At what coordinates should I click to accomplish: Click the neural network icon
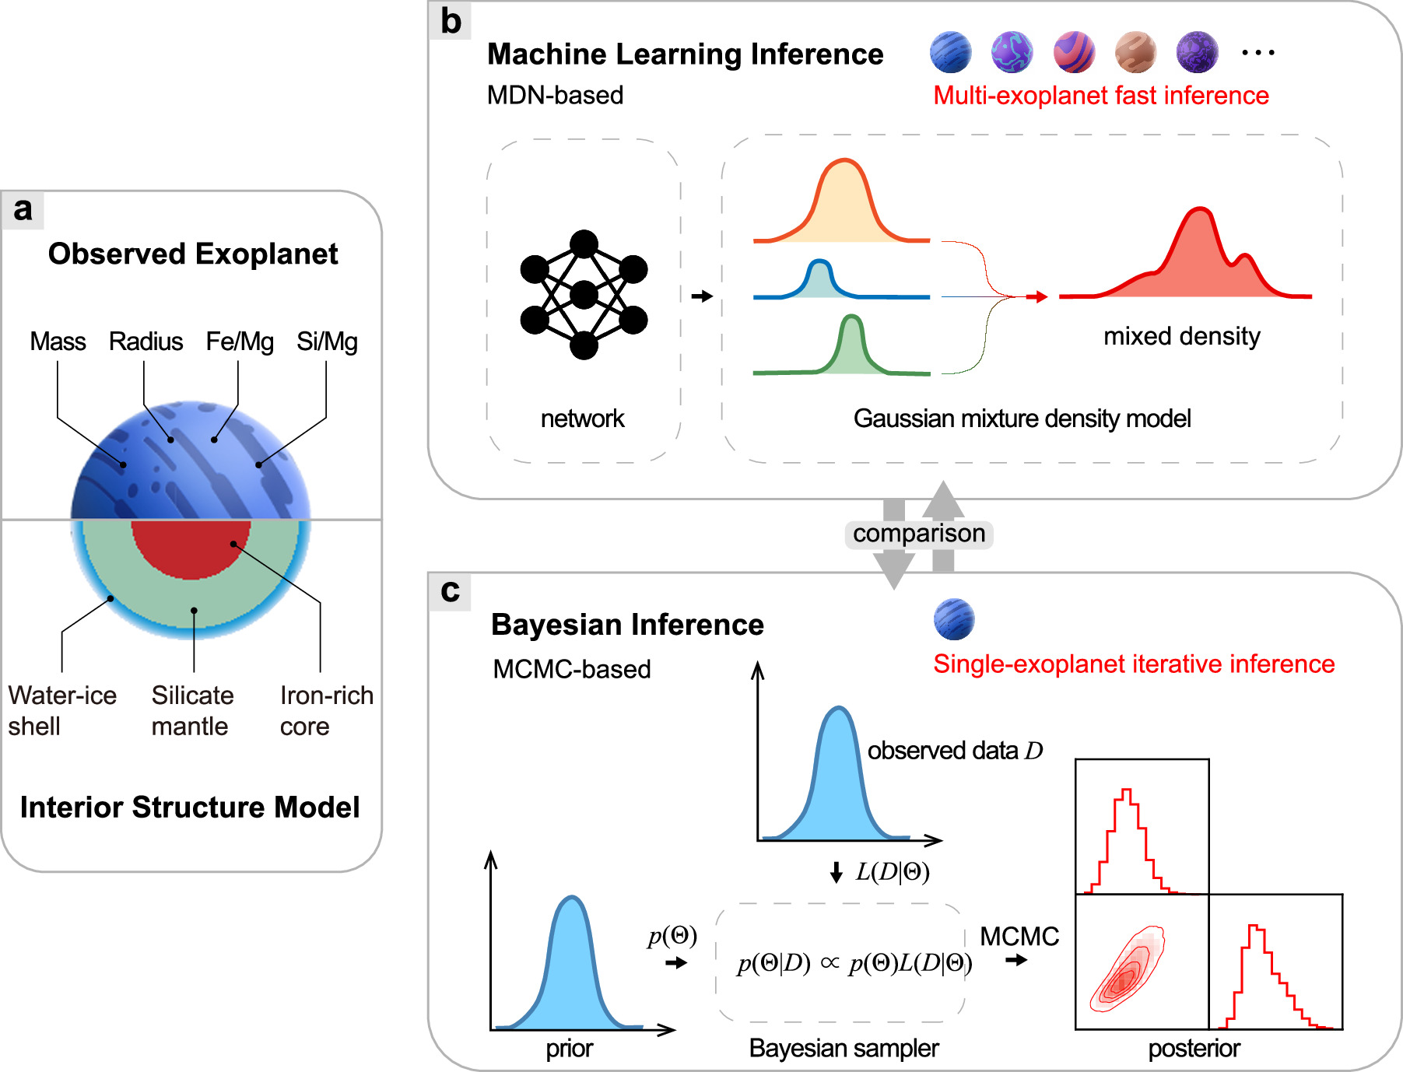pos(584,295)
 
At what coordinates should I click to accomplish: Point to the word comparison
pos(919,534)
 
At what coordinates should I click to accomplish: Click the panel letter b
pos(451,21)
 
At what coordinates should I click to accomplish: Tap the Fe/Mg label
pos(239,342)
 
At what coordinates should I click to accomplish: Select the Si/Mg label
pos(327,342)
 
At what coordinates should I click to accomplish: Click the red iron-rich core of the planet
pos(191,548)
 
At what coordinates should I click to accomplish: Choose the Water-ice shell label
pos(62,710)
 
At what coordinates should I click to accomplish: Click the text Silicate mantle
pos(192,710)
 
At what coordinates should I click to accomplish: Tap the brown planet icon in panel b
pos(1135,52)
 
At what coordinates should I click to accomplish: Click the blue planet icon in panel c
pos(953,619)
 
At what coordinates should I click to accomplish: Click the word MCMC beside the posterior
pos(1019,936)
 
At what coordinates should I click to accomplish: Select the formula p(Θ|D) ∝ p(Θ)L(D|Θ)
pos(854,963)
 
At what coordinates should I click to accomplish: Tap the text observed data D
pos(955,751)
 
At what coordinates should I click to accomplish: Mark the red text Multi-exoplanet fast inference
pos(1100,96)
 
